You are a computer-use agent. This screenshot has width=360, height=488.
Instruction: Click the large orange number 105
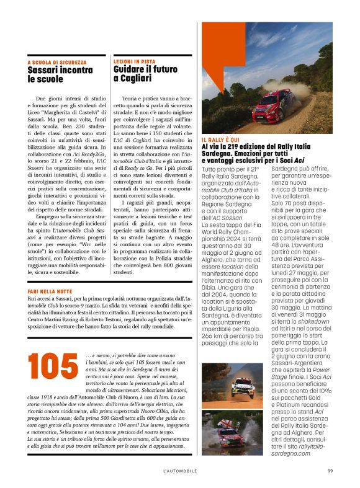[x=53, y=367]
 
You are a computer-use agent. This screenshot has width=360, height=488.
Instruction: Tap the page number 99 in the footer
[x=331, y=471]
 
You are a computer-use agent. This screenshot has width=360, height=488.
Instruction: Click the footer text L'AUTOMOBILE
[x=180, y=471]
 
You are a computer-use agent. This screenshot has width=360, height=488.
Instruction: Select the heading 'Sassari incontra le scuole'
[x=60, y=75]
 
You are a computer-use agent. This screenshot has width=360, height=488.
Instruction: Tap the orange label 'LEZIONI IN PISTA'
[x=134, y=62]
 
